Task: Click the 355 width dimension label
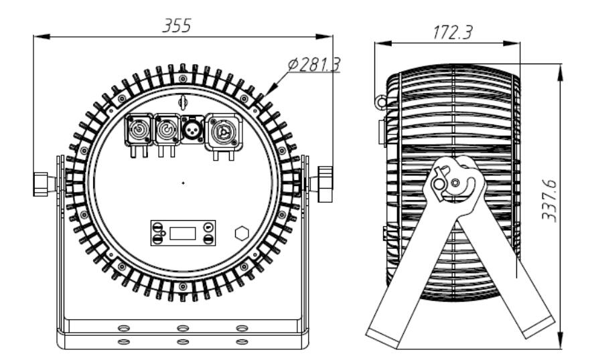177,25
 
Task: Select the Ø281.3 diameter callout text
314,65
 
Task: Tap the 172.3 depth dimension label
452,32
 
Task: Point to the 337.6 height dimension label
549,201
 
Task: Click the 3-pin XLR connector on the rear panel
193,130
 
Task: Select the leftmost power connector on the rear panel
139,130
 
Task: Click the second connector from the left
167,130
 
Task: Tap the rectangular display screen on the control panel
183,234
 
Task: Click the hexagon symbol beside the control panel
242,234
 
